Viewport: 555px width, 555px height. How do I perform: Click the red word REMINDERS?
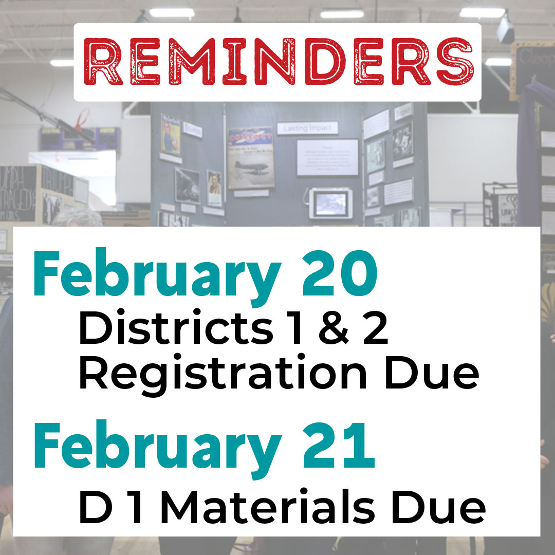pos(277,62)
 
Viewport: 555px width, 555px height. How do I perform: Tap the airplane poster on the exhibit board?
pos(251,158)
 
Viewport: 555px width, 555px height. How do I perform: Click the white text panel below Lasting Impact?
pos(327,157)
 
